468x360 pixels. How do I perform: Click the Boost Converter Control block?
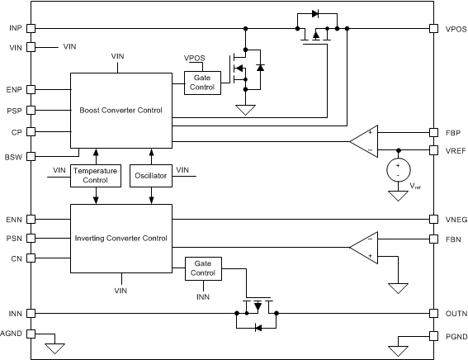(x=121, y=111)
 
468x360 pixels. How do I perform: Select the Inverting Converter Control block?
(x=121, y=239)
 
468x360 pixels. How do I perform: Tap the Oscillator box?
(x=151, y=176)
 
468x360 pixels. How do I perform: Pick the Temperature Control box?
(x=96, y=176)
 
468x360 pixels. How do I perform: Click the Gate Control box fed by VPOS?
(x=202, y=83)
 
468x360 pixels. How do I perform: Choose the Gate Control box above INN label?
(x=203, y=268)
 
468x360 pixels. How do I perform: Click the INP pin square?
(x=31, y=29)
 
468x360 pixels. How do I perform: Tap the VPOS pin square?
(x=433, y=29)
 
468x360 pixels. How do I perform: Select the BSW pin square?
(x=31, y=156)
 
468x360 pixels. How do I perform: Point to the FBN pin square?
(x=433, y=239)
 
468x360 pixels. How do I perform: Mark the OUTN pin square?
(x=433, y=314)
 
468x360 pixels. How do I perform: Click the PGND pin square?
(x=433, y=336)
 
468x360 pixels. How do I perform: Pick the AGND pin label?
(x=11, y=334)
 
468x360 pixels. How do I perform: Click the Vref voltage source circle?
(x=399, y=170)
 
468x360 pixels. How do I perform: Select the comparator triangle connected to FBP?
(x=364, y=141)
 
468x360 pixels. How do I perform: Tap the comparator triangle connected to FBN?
(x=364, y=248)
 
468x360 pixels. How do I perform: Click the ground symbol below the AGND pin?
(x=55, y=348)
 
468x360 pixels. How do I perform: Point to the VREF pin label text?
(x=456, y=151)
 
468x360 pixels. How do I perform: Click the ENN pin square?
(x=31, y=220)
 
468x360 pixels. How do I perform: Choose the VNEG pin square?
(x=433, y=219)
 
